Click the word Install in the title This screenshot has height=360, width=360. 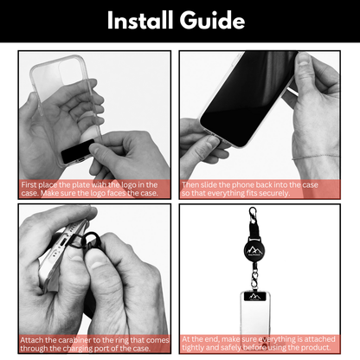(x=145, y=21)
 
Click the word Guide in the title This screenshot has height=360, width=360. (x=213, y=21)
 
